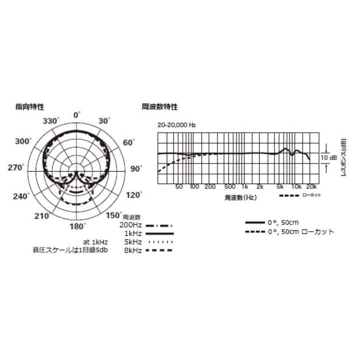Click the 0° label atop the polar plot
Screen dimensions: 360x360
[x=77, y=115]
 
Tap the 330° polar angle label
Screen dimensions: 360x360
[x=52, y=121]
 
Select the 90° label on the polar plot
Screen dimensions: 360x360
[x=137, y=169]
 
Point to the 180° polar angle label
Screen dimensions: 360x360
[x=78, y=226]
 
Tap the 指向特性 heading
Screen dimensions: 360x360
[x=30, y=106]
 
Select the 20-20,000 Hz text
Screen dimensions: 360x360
[x=177, y=125]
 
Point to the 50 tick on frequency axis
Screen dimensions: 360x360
[x=179, y=187]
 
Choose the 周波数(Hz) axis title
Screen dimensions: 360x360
[x=241, y=197]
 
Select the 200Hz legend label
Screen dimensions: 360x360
[x=131, y=226]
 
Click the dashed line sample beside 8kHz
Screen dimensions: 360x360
[x=159, y=250]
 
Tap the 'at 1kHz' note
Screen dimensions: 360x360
[x=96, y=242]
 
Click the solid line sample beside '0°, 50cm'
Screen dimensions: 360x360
[x=255, y=223]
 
